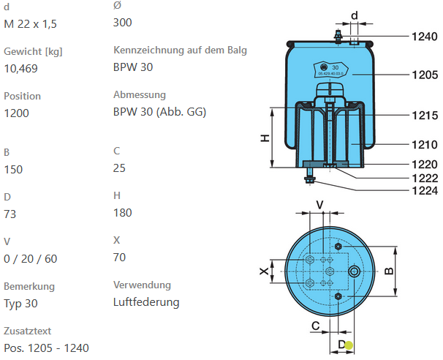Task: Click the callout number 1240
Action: [424, 36]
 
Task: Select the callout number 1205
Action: [424, 75]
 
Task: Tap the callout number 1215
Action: [424, 115]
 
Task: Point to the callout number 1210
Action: [424, 145]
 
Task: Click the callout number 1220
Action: [424, 165]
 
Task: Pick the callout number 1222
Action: [424, 177]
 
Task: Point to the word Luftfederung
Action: [146, 301]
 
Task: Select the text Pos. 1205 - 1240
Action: [46, 348]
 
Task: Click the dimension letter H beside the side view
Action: [266, 138]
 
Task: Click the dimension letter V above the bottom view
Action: [319, 204]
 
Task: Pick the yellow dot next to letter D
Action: [349, 346]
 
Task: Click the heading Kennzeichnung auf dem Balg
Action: [181, 50]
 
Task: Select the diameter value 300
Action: [123, 22]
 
